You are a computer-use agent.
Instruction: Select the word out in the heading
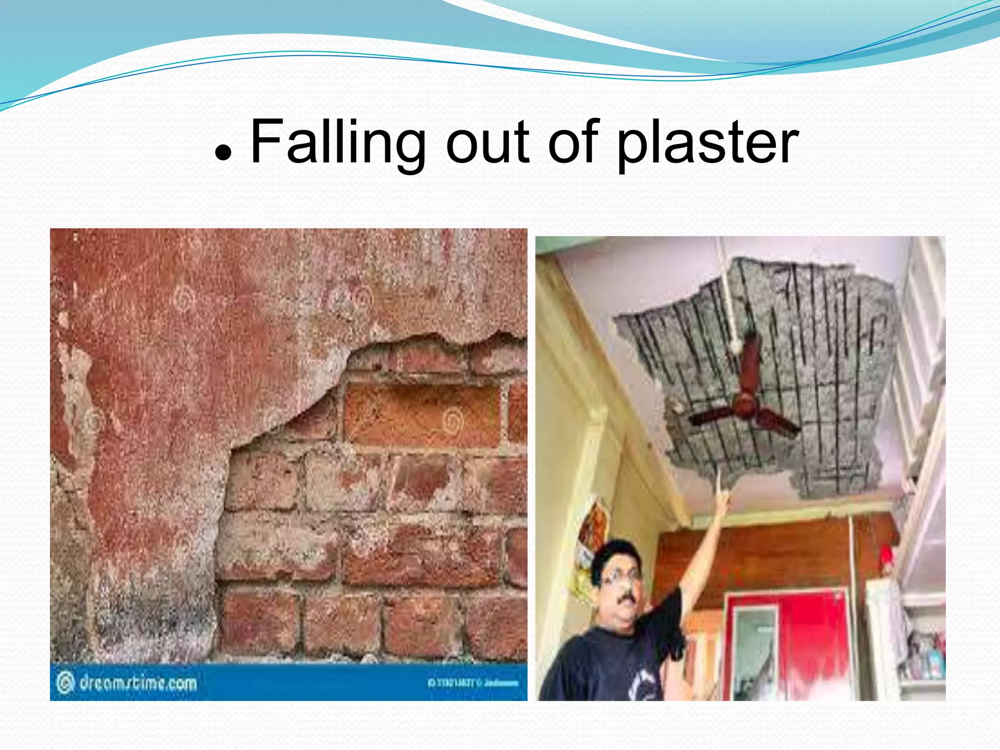tap(488, 143)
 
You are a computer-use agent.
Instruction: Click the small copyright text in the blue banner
tap(473, 683)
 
